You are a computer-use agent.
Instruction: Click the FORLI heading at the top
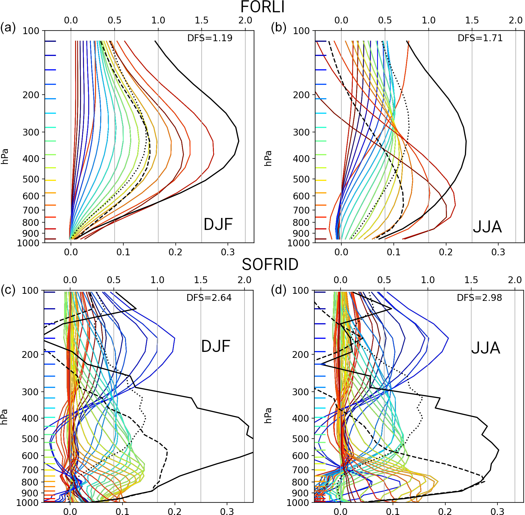[x=262, y=7]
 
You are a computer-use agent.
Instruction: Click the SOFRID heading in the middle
[x=270, y=265]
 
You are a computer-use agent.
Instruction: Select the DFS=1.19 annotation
[x=210, y=38]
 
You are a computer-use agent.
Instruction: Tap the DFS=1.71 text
[x=480, y=38]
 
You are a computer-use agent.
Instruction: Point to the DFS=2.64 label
[x=209, y=298]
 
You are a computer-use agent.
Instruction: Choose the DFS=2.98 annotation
[x=479, y=298]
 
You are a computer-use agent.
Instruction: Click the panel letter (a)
[x=8, y=28]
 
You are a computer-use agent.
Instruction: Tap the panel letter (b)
[x=278, y=28]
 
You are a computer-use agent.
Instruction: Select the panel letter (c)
[x=8, y=290]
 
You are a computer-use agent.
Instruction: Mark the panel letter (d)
[x=278, y=290]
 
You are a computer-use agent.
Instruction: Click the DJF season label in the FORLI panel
[x=218, y=224]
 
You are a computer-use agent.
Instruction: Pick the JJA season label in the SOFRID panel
[x=485, y=348]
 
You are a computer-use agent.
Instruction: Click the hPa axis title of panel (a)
[x=5, y=156]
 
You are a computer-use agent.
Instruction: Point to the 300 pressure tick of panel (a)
[x=31, y=132]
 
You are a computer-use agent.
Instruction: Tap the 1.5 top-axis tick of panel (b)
[x=472, y=20]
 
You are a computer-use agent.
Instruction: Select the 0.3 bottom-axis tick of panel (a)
[x=228, y=252]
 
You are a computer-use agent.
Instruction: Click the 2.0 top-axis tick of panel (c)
[x=244, y=280]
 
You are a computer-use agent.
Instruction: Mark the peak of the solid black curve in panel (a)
[x=238, y=141]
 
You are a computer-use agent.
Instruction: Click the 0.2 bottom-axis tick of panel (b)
[x=446, y=252]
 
